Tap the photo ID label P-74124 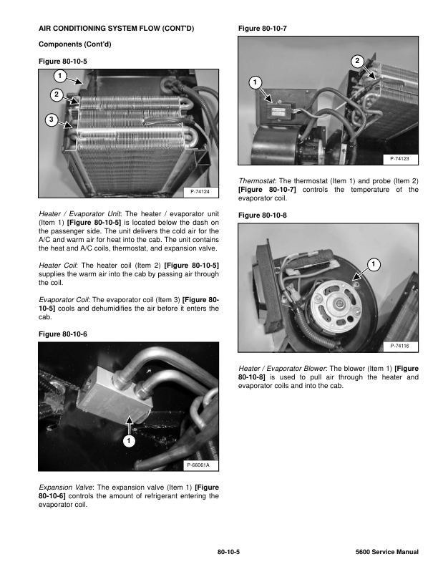pos(200,192)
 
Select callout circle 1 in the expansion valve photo pos(128,442)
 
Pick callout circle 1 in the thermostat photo pos(254,83)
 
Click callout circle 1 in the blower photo pos(373,266)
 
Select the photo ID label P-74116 pos(399,346)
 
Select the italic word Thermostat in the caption pos(257,180)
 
